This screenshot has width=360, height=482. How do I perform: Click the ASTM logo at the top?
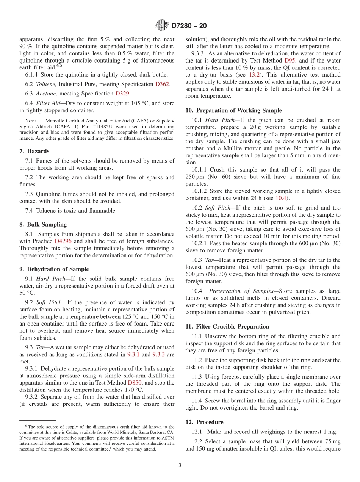[x=162, y=26]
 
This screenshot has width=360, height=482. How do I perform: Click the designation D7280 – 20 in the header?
[x=189, y=26]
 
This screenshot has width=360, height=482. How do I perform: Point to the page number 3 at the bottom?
[x=180, y=465]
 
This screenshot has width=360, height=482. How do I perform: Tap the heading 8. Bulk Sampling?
[x=43, y=224]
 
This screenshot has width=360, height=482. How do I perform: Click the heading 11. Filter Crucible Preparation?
[x=227, y=326]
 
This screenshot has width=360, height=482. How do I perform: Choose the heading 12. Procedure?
[x=204, y=422]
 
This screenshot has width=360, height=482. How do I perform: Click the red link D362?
[x=162, y=84]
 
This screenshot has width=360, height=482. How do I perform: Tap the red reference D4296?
[x=63, y=241]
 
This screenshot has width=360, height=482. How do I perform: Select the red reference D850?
[x=135, y=383]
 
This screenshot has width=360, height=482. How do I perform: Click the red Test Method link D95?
[x=288, y=61]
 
